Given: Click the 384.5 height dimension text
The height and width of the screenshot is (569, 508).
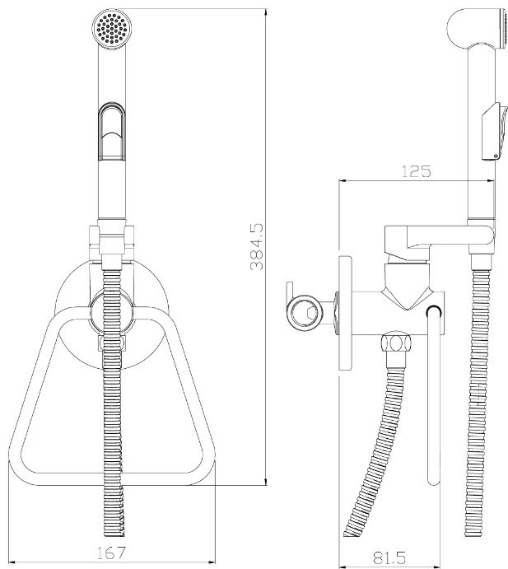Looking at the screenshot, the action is click(x=257, y=247).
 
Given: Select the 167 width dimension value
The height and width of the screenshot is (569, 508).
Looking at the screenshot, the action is click(x=111, y=553).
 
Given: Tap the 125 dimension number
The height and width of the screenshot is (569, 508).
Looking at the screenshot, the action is click(x=417, y=171).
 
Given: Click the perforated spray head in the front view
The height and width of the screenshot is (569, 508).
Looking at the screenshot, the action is click(x=112, y=28).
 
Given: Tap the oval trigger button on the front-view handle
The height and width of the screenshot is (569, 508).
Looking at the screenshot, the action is click(x=112, y=132).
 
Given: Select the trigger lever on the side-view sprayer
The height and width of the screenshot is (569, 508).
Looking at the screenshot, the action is click(x=493, y=132).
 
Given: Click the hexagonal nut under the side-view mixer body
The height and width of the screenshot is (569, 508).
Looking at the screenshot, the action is click(x=396, y=343).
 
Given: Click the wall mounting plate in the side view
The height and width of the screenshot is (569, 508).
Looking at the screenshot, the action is click(x=345, y=313).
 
